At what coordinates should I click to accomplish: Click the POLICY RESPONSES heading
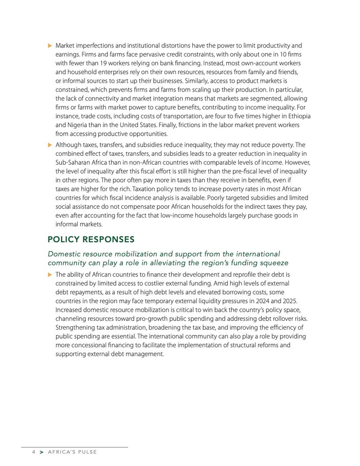point(91,240)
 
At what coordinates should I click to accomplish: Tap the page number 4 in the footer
point(33,452)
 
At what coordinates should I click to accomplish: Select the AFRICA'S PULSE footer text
point(72,452)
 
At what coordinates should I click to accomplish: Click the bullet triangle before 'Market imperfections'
point(50,46)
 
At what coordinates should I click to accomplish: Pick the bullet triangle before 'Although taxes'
point(50,145)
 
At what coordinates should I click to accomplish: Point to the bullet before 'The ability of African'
point(50,275)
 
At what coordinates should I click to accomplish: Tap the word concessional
point(91,345)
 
